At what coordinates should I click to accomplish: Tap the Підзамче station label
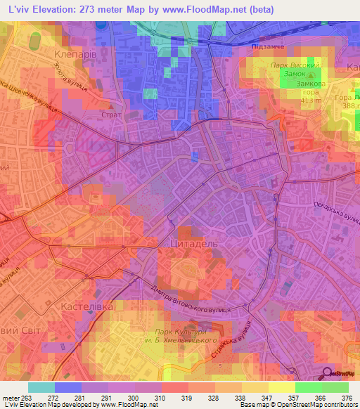click(266, 46)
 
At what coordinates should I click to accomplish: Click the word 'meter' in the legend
click(11, 398)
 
